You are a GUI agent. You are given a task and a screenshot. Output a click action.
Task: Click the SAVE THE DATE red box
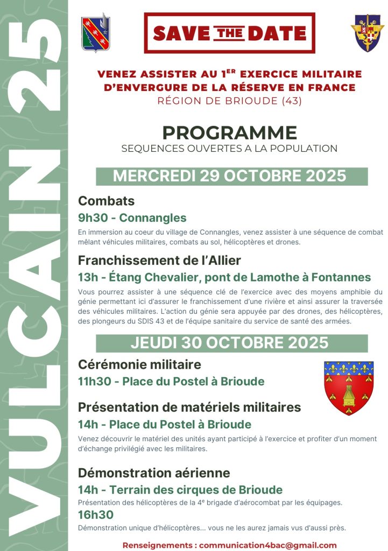click(229, 33)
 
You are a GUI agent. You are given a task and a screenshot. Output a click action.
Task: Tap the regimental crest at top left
click(96, 32)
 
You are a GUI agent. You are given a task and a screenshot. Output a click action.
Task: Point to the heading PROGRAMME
click(230, 133)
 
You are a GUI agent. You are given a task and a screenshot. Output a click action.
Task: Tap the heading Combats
click(107, 201)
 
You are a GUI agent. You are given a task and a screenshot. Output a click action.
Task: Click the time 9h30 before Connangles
click(93, 218)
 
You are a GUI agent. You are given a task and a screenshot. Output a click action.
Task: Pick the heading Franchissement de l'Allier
click(159, 260)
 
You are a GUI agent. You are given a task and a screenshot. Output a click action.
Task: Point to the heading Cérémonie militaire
click(139, 365)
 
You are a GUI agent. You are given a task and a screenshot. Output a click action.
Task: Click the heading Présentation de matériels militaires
click(189, 407)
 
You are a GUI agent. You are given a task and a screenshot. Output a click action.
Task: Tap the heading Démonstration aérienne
click(154, 473)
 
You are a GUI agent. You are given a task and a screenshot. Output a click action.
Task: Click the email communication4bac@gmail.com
click(267, 545)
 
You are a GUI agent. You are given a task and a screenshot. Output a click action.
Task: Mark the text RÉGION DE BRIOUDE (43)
click(230, 101)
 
